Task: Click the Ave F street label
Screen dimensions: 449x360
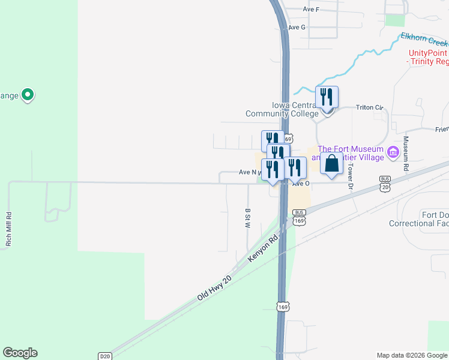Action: click(x=311, y=10)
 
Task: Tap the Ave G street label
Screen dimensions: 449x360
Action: click(x=297, y=28)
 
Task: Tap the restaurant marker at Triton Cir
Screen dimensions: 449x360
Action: click(x=327, y=97)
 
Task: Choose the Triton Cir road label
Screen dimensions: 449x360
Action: click(x=369, y=107)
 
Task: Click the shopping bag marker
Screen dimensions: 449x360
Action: click(x=331, y=164)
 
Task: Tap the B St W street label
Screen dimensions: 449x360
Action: click(x=247, y=218)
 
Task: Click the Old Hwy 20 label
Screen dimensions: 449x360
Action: click(x=214, y=288)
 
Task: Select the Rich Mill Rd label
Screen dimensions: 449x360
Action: click(x=9, y=229)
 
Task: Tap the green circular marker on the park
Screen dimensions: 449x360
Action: click(x=27, y=95)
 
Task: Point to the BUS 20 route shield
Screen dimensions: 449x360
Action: click(x=385, y=182)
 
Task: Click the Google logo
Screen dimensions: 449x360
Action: click(x=20, y=353)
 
